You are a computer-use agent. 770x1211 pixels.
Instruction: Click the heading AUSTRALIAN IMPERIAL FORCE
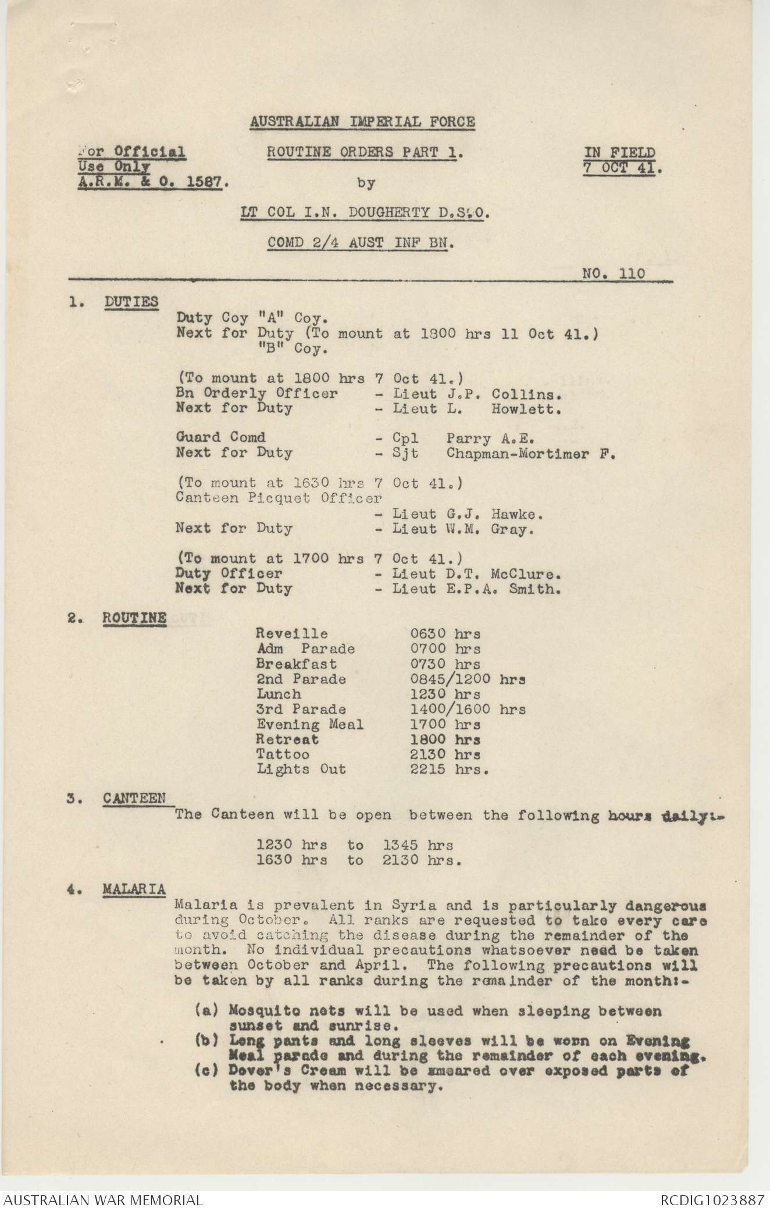(x=362, y=122)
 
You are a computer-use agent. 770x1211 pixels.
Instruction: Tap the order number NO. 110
(x=613, y=273)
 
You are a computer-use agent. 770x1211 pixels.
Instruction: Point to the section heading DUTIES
(x=131, y=301)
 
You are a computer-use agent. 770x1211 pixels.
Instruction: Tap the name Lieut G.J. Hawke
(x=468, y=514)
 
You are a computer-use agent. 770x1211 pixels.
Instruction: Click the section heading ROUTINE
(x=134, y=618)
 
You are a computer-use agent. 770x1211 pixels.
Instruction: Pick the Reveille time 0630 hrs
(x=445, y=633)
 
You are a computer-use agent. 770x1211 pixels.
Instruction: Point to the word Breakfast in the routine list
(x=297, y=664)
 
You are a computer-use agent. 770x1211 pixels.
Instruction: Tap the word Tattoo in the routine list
(x=283, y=754)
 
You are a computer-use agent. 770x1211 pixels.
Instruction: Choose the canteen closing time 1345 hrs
(x=418, y=845)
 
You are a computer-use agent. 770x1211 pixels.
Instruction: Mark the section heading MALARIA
(x=134, y=889)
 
